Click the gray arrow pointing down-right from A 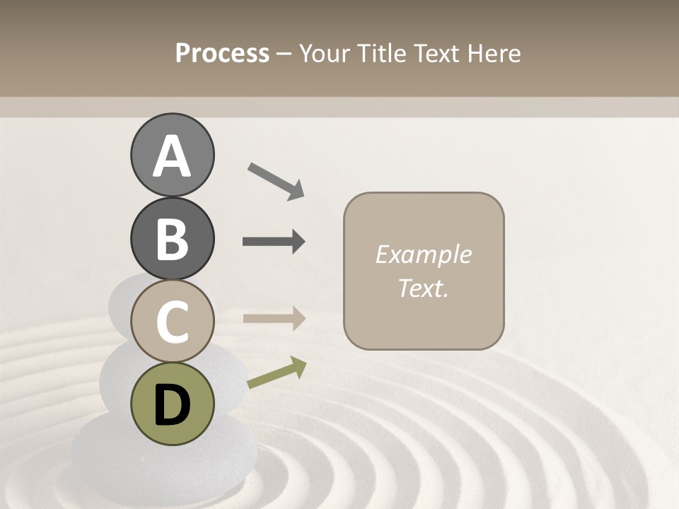276,180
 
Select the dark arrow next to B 274,242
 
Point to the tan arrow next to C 274,318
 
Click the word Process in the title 222,53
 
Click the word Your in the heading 325,53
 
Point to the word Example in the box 423,255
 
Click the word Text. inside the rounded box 423,288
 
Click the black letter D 172,405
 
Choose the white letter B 172,239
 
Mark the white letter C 172,322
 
